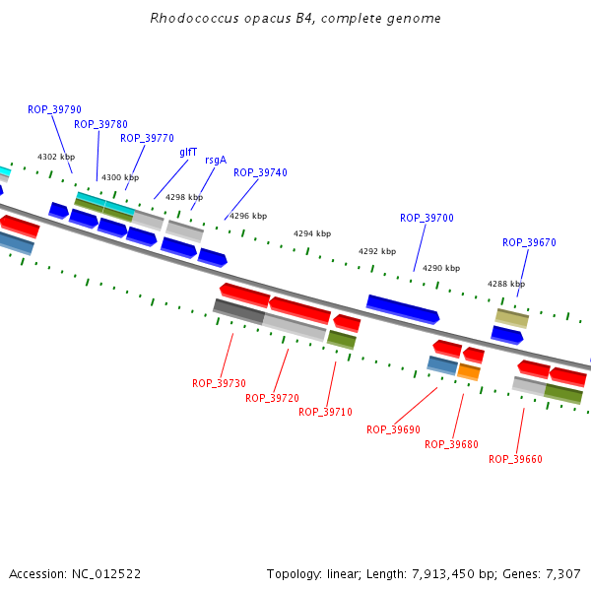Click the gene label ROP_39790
(x=54, y=109)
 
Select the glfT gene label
(x=188, y=152)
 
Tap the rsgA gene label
(x=216, y=161)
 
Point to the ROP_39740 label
(x=260, y=172)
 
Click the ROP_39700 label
(x=427, y=218)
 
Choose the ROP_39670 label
(x=529, y=242)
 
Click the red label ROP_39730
(x=219, y=383)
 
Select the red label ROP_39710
(x=325, y=412)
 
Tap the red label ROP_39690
(x=393, y=429)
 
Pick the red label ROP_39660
(x=515, y=459)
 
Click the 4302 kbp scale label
(x=56, y=157)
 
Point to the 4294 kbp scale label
(x=312, y=233)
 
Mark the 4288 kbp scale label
(x=506, y=284)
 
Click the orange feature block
(x=469, y=372)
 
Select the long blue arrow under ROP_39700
(x=403, y=309)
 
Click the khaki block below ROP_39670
(x=512, y=318)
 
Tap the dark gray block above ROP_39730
(x=239, y=311)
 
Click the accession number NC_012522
(x=106, y=574)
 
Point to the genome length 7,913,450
(x=443, y=574)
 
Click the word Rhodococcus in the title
(x=194, y=18)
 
